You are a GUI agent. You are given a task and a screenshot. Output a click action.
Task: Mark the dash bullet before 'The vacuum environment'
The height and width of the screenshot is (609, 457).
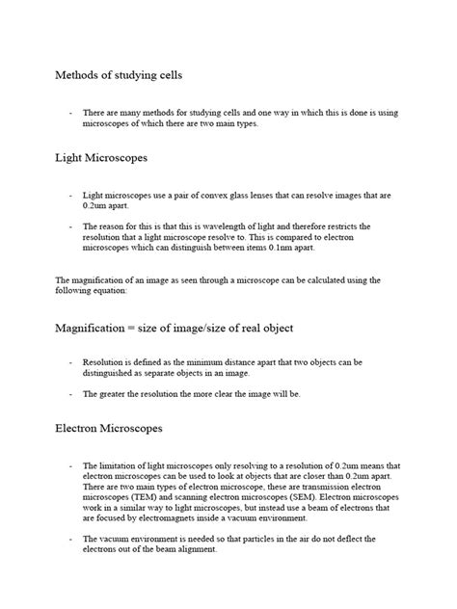[70, 539]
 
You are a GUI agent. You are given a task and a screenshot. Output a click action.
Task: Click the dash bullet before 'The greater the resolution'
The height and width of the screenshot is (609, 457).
[70, 393]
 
